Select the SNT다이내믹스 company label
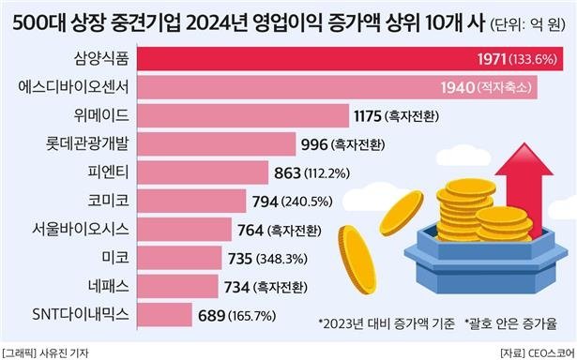point(77,311)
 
